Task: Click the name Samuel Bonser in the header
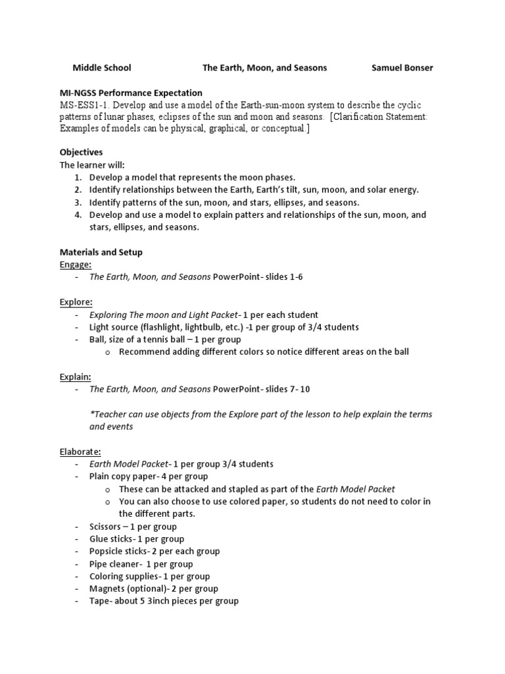point(402,68)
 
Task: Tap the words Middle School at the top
point(101,68)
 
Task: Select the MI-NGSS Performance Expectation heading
point(131,93)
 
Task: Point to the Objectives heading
point(81,152)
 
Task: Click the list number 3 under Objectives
point(77,202)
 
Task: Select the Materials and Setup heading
point(101,252)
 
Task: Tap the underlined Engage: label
point(75,265)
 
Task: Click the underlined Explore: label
point(76,301)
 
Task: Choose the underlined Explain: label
point(75,376)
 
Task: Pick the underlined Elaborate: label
point(80,452)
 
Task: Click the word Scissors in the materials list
point(105,527)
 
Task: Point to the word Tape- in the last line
point(101,601)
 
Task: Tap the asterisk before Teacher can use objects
point(91,414)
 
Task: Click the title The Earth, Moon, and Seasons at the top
point(264,68)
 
